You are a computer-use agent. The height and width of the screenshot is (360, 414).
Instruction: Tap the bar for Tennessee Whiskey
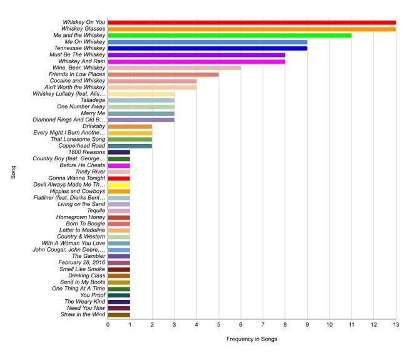(207, 48)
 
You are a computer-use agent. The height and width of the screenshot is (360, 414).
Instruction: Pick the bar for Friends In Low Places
(163, 75)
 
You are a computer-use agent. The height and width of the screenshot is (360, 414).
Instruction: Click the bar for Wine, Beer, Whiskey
(174, 68)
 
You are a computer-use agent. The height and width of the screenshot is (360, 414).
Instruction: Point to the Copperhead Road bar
(130, 146)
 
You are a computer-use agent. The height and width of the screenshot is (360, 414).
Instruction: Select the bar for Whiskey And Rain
(196, 61)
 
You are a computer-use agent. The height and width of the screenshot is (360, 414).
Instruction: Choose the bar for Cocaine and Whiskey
(152, 81)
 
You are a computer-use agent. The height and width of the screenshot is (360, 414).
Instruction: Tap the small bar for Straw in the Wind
(119, 314)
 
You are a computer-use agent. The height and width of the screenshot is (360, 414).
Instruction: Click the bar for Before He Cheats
(119, 165)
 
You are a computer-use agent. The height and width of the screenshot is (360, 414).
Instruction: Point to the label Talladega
(93, 100)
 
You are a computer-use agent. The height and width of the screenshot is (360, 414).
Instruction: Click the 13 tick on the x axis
(395, 325)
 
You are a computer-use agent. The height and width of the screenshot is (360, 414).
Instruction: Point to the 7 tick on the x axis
(263, 325)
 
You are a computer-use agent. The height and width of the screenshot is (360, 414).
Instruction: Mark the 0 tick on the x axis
(108, 325)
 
